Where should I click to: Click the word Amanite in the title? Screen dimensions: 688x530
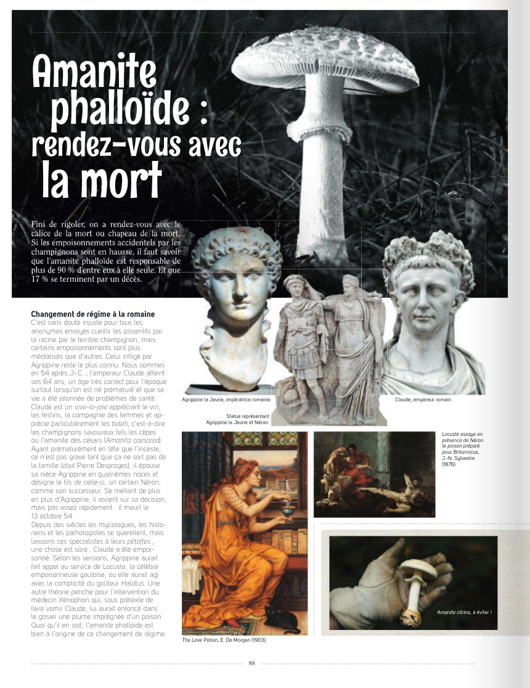96,72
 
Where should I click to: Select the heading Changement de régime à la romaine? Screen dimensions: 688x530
92,314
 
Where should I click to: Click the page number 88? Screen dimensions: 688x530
251,663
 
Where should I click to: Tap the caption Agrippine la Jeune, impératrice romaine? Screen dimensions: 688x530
226,399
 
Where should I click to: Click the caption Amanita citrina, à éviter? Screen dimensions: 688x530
463,612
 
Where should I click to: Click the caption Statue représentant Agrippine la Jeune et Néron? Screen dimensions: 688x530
238,419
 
